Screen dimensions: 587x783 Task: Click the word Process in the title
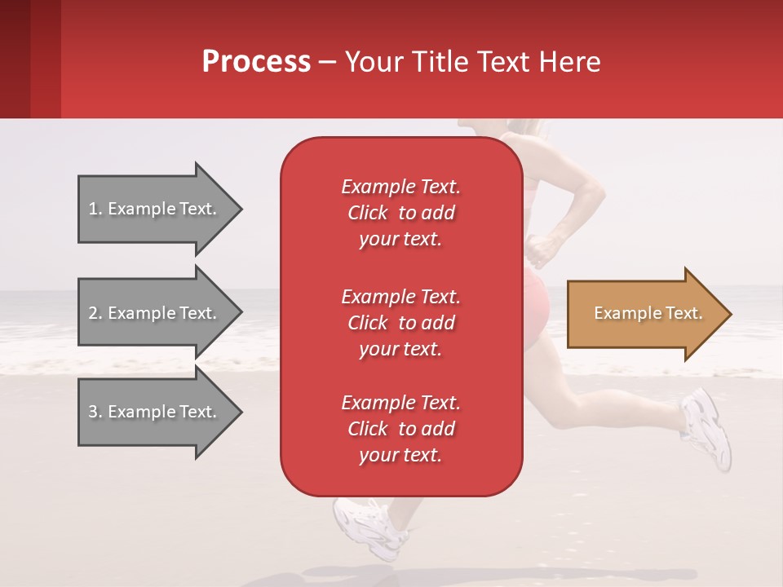coord(256,62)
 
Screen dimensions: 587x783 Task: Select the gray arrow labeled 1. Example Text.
coord(155,209)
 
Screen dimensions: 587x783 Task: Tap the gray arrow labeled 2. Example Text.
coord(155,313)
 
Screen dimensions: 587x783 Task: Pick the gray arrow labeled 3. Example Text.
coord(155,412)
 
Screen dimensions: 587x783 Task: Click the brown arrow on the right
coord(644,314)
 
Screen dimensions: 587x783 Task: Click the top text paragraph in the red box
coord(400,213)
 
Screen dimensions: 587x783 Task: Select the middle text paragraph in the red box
coord(400,323)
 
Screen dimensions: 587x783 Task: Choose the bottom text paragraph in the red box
coord(400,429)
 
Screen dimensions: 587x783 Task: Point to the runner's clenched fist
coord(539,249)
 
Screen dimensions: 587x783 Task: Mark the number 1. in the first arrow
coord(95,209)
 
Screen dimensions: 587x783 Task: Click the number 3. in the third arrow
coord(95,412)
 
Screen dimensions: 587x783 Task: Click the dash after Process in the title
coord(327,62)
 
